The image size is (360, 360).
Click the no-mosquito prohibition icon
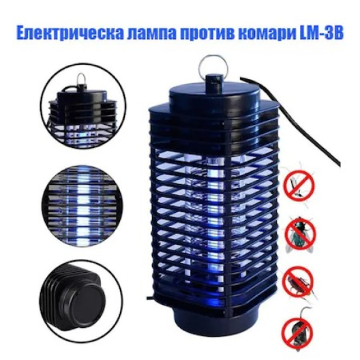299,184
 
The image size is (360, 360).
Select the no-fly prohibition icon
300,234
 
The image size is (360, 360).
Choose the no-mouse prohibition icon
297,330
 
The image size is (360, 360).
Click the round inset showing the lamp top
83,106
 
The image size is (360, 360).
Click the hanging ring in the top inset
81,79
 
